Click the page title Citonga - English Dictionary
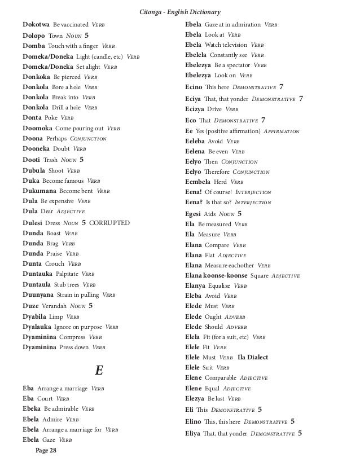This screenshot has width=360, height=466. pyautogui.click(x=180, y=12)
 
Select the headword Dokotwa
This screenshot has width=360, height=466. pyautogui.click(x=36, y=25)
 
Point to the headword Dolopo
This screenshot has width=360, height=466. pyautogui.click(x=34, y=35)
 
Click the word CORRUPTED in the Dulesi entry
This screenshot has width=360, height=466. pyautogui.click(x=110, y=223)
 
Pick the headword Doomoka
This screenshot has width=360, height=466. pyautogui.click(x=37, y=128)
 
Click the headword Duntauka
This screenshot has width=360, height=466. pyautogui.click(x=38, y=275)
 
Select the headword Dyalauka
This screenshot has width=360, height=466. pyautogui.click(x=39, y=327)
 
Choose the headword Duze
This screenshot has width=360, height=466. pyautogui.click(x=30, y=306)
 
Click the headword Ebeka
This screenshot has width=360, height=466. pyautogui.click(x=31, y=409)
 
